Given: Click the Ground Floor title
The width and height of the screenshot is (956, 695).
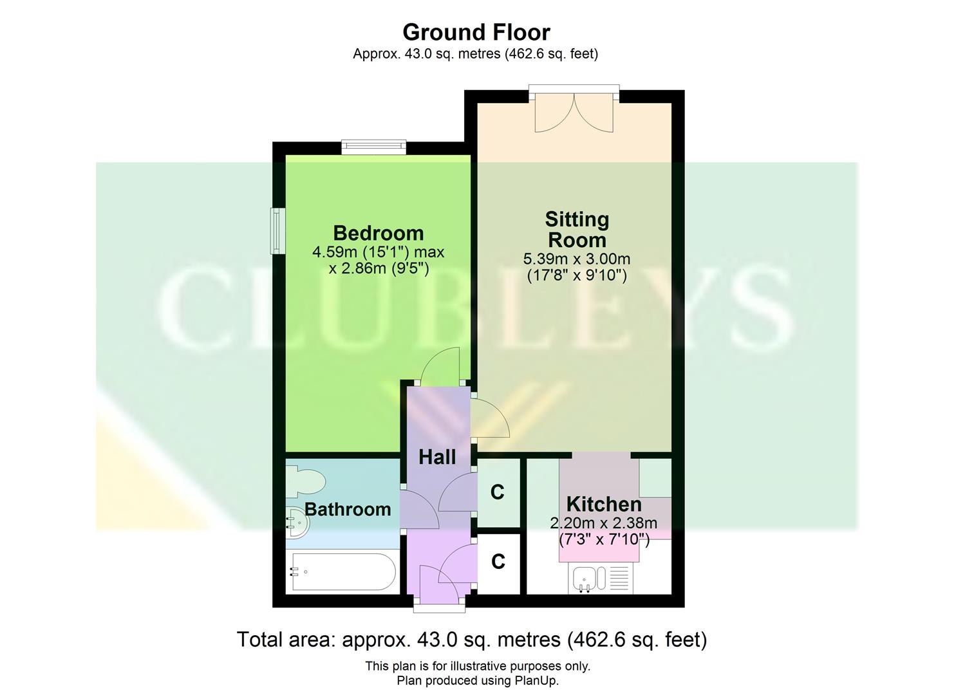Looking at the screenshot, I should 476,32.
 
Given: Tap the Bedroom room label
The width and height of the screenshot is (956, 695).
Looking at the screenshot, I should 379,233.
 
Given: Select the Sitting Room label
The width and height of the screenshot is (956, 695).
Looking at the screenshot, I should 577,230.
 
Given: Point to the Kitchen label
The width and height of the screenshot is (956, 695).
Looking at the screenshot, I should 604,504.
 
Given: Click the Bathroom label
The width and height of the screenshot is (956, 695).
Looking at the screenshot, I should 348,510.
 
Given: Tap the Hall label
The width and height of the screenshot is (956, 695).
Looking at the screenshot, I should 437,458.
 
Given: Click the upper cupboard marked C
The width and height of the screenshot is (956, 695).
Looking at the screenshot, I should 497,492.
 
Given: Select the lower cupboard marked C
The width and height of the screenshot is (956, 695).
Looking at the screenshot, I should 498,562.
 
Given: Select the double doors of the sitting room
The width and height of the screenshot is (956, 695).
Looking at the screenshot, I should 574,113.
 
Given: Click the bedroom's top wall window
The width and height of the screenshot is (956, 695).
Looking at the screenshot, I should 373,147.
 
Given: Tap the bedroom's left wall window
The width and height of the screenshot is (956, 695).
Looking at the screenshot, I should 277,230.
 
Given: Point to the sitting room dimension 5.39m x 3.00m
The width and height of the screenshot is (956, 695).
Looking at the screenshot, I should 577,259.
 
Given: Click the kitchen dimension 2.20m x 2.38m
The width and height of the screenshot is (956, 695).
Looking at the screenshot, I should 604,523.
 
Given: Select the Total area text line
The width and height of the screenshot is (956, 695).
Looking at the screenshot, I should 472,640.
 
